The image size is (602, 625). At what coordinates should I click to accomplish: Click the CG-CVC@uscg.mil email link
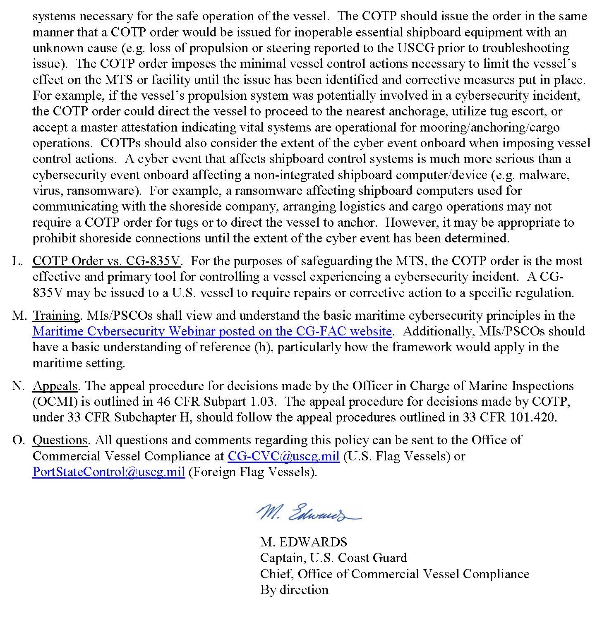click(283, 456)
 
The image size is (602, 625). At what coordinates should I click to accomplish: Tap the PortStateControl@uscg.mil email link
click(108, 472)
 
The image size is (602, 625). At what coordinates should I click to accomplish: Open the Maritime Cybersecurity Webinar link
click(212, 331)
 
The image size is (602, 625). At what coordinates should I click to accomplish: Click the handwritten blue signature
click(308, 513)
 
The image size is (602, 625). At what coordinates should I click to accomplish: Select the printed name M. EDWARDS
click(304, 542)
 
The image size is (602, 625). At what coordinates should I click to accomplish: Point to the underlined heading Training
click(56, 316)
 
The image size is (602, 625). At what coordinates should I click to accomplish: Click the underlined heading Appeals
click(55, 386)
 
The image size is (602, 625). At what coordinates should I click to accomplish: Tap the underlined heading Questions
click(60, 440)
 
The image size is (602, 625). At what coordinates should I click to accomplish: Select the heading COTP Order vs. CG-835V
click(107, 261)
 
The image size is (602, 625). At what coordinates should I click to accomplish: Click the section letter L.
click(17, 261)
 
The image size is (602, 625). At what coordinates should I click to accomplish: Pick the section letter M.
click(19, 316)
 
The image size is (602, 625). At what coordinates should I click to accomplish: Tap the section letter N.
click(18, 386)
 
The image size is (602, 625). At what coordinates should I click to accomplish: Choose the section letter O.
click(18, 440)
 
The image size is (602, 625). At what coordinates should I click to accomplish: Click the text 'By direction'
click(294, 589)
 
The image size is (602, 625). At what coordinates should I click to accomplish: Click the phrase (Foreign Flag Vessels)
click(252, 472)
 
